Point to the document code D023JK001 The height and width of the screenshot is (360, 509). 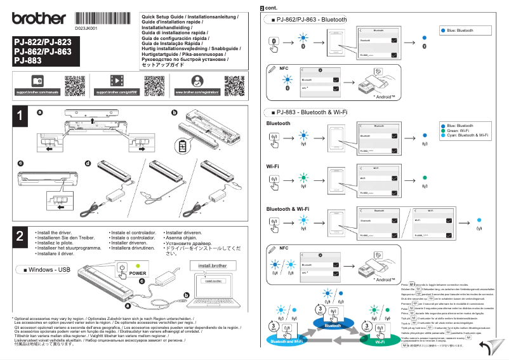pos(85,29)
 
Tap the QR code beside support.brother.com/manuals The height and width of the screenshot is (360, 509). pos(75,85)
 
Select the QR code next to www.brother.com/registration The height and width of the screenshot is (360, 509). pos(235,85)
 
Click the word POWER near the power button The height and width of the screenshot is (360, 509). pos(138,274)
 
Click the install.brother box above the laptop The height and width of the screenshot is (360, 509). pos(212,265)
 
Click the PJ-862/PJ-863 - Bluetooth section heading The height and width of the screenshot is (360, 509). pos(308,20)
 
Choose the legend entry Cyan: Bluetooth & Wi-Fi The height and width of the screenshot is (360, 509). pos(467,136)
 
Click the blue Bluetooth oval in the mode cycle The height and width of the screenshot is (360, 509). pos(333,325)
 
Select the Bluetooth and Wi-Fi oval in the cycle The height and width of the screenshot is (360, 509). pos(286,342)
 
